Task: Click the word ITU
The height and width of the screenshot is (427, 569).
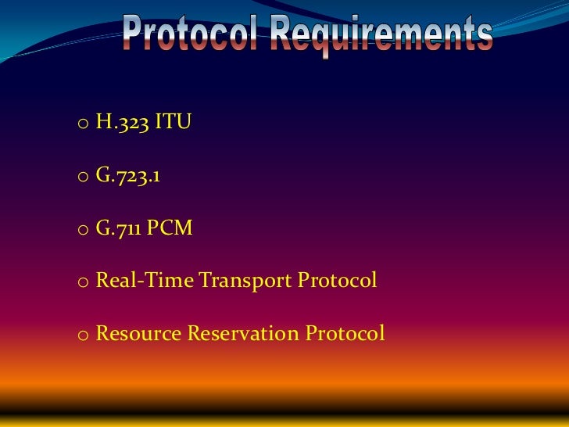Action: click(x=172, y=123)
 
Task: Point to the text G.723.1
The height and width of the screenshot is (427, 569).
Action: click(x=128, y=176)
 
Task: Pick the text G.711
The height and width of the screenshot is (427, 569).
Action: click(x=118, y=228)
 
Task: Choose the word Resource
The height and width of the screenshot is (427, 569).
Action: click(x=138, y=334)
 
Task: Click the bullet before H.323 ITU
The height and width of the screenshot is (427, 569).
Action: click(x=82, y=124)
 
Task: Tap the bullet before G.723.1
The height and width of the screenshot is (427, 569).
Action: click(x=82, y=178)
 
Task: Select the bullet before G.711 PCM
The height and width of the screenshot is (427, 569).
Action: click(x=82, y=230)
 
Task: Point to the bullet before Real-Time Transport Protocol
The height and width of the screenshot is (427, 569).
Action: click(x=82, y=282)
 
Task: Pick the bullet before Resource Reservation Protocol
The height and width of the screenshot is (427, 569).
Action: click(x=82, y=335)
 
